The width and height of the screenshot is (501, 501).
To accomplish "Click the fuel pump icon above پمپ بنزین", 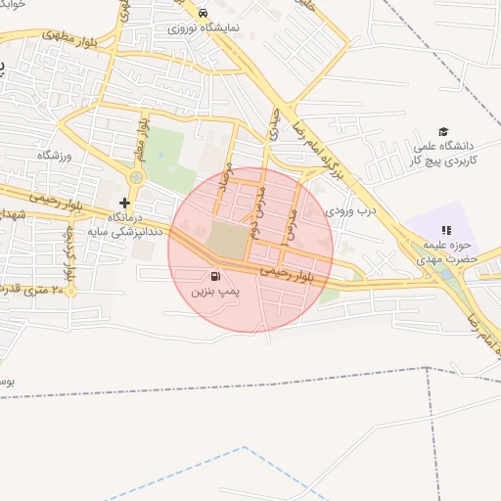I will (214, 275).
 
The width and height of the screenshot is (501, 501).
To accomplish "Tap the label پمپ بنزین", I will (214, 292).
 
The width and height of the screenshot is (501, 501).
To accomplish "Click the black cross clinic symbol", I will (124, 202).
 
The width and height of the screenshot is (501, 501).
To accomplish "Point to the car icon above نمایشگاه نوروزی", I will (202, 13).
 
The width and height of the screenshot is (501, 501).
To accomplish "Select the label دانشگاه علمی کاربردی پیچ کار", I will (443, 152).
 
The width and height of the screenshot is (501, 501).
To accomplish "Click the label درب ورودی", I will (350, 209).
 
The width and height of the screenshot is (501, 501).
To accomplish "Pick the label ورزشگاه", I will (55, 156).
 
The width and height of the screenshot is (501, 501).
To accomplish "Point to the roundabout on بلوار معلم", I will (136, 177).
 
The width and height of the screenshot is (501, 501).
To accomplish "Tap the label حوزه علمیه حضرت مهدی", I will (444, 252).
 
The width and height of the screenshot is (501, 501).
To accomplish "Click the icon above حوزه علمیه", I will (446, 229).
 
